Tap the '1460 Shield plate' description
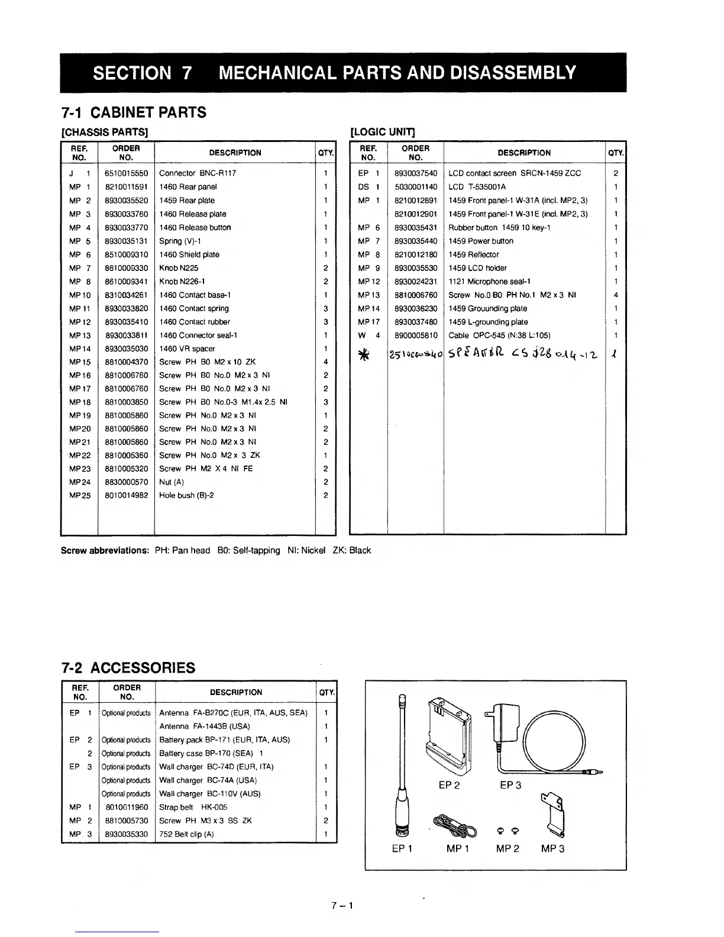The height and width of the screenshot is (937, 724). point(189,254)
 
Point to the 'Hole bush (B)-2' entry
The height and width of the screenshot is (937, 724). point(186,495)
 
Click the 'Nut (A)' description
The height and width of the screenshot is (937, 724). point(172,482)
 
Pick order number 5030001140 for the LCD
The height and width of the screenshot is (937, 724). point(416,187)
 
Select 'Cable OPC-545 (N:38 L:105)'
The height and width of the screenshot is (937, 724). point(499,335)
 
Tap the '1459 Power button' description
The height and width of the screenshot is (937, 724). point(481,241)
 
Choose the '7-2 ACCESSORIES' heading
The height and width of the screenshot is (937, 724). point(128,668)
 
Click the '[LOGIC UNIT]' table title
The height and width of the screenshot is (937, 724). point(383,131)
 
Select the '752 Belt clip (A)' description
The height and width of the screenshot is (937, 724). point(186,834)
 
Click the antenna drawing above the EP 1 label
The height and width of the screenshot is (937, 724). point(403,763)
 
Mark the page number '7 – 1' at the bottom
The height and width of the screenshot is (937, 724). point(342,905)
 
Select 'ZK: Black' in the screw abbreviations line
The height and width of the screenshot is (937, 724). point(352,550)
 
